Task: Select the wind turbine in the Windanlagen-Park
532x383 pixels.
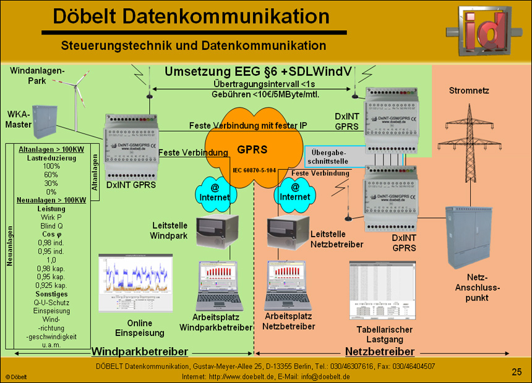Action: tap(79, 98)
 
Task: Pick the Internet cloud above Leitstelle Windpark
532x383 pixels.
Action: tap(215, 192)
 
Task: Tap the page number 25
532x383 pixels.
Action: tap(517, 371)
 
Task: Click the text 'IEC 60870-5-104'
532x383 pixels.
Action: tap(254, 169)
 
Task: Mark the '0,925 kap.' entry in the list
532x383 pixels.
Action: tap(51, 286)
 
